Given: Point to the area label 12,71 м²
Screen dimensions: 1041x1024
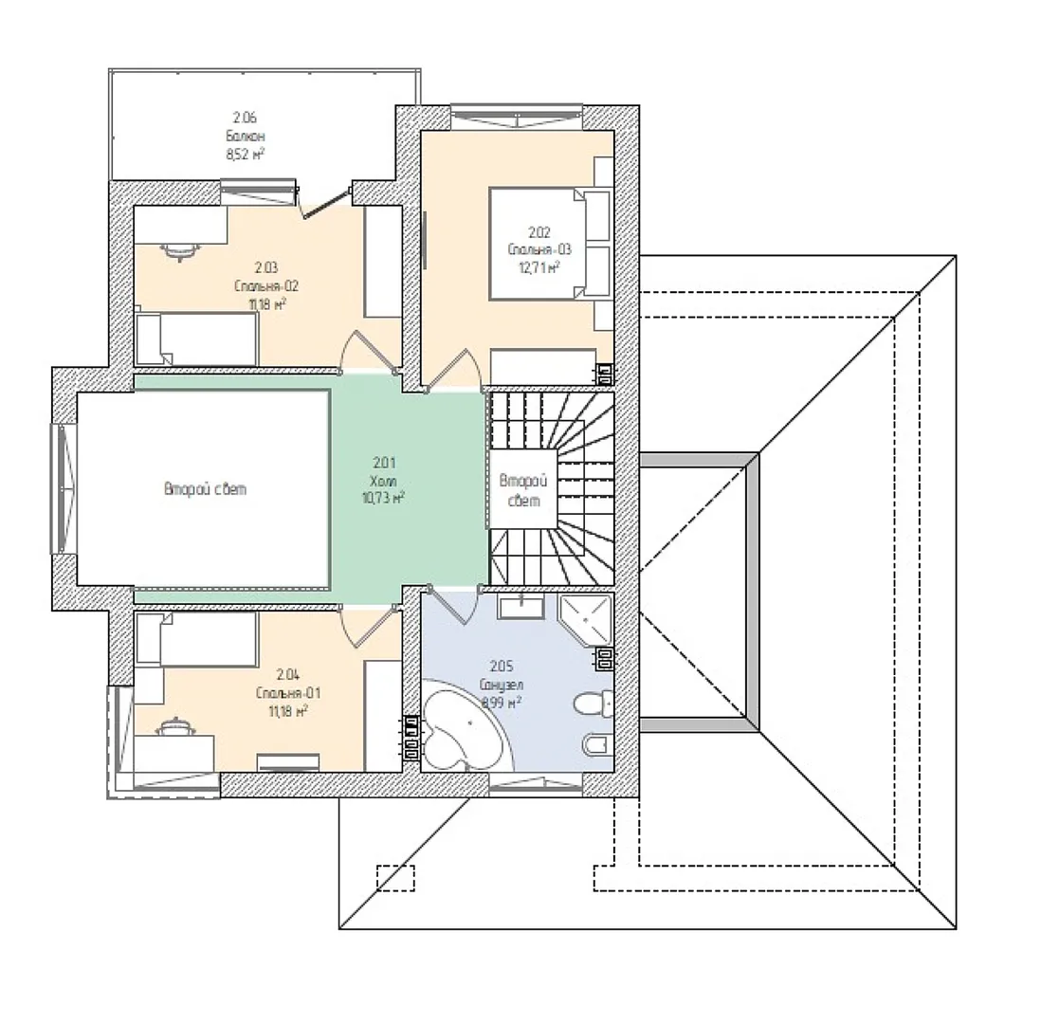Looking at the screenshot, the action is pos(539,267).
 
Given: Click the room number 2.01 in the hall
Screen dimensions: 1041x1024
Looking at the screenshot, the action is pos(384,463).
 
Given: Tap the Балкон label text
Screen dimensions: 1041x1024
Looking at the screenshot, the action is pos(246,137).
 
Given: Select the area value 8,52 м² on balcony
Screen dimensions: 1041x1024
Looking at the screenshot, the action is pos(246,155).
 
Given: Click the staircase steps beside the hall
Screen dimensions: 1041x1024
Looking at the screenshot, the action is pos(552,488).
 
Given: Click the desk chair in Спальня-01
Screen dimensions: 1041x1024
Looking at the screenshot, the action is pos(175,726).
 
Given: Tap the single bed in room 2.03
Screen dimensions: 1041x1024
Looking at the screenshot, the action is pos(196,338).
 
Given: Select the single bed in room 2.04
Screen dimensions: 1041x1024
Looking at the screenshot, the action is pos(196,639).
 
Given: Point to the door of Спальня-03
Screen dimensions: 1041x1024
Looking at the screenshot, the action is pos(451,370).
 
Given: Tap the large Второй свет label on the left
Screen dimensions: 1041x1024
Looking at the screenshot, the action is pos(205,489).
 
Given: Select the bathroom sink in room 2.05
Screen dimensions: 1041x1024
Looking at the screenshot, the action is pos(521,606).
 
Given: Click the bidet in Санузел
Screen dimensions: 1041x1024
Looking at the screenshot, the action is pos(595,745).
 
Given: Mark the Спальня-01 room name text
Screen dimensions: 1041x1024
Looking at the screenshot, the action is pos(288,693).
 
